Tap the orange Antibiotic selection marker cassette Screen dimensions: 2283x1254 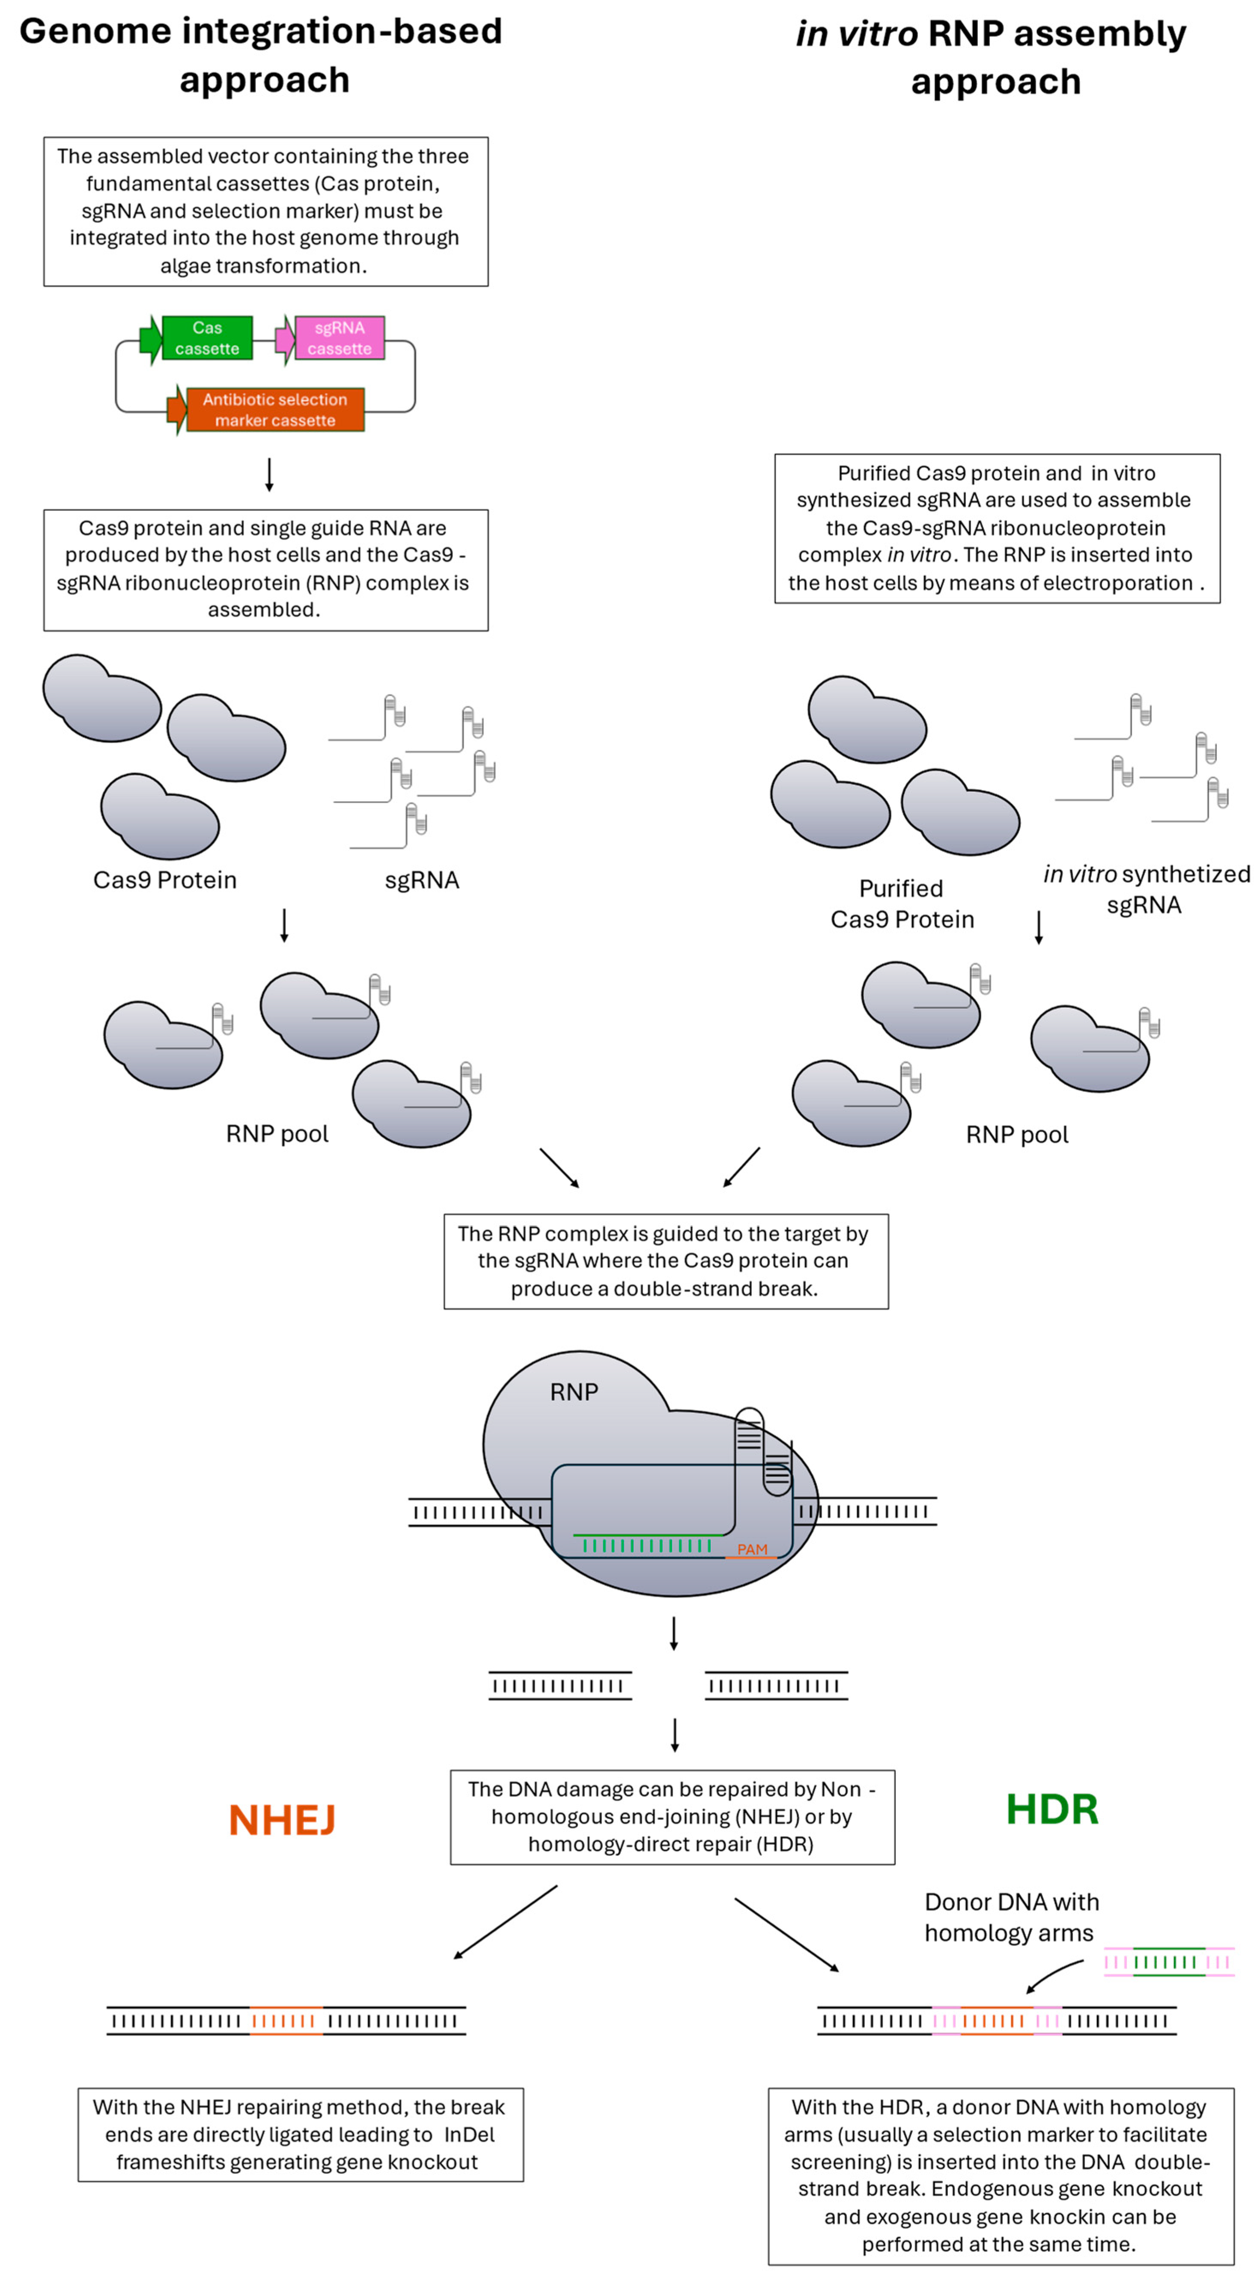[x=275, y=410]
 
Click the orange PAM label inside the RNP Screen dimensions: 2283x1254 [x=751, y=1549]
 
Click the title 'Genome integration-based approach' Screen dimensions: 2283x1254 [x=262, y=55]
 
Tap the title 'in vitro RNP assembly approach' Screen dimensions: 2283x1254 [x=991, y=57]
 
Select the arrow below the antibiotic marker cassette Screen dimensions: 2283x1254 [x=269, y=474]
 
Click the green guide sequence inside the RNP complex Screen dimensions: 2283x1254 [x=647, y=1540]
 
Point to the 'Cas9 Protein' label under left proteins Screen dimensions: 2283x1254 [x=165, y=880]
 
